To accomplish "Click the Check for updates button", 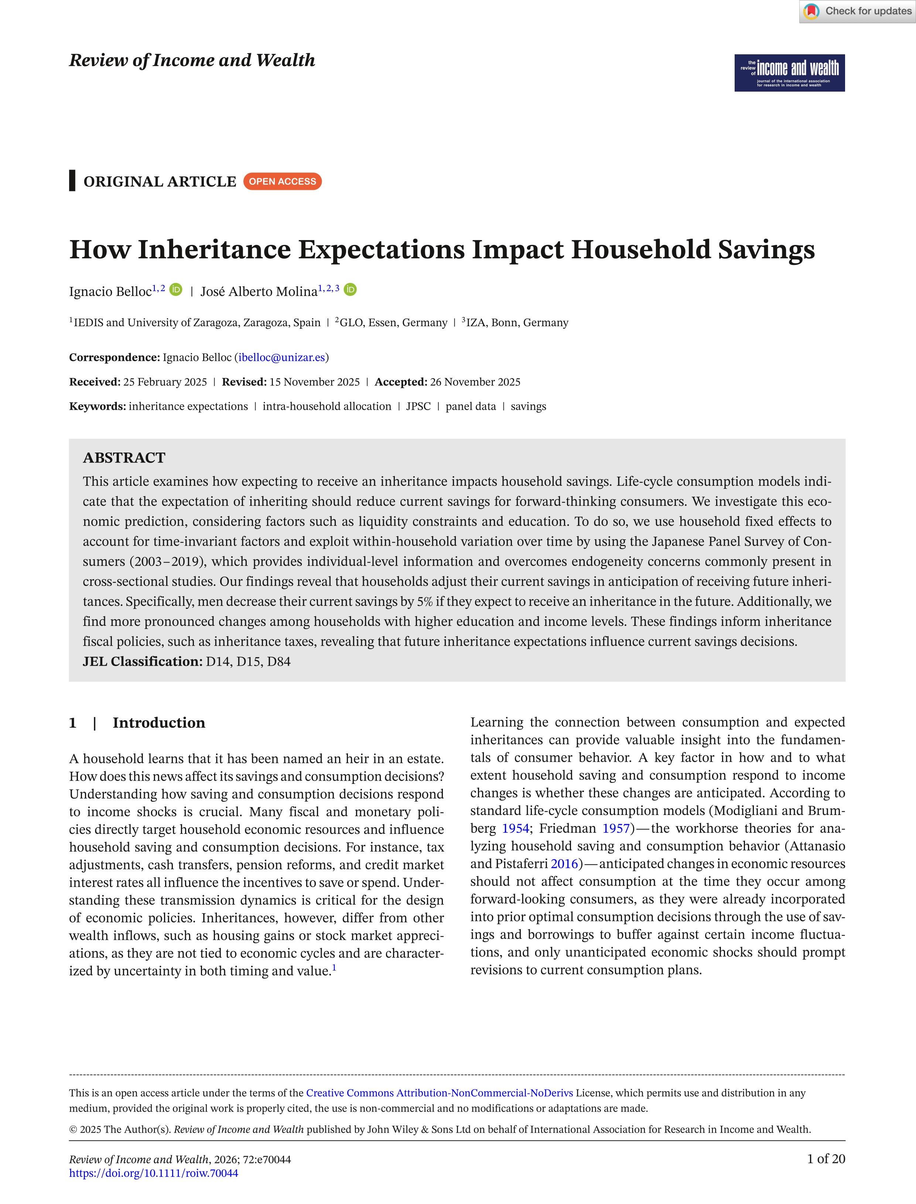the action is tap(857, 11).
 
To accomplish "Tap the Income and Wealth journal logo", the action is tap(790, 72).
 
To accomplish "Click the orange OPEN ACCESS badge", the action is tap(283, 182).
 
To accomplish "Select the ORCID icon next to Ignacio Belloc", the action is tap(175, 290).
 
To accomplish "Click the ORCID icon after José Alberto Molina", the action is tap(351, 290).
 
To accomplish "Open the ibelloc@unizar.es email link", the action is tap(281, 358).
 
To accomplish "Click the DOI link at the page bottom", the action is tap(153, 1173).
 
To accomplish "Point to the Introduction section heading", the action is tap(159, 723).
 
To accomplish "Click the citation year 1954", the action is tap(515, 828).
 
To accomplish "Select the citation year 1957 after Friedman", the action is tap(616, 828).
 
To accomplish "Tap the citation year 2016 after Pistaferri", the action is tap(564, 864).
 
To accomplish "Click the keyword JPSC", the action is tap(418, 406).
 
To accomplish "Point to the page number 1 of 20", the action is tap(826, 1159).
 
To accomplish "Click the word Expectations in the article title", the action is tap(382, 250).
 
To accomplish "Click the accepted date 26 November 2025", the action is tap(475, 382).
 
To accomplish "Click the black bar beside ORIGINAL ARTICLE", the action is tap(72, 181).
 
